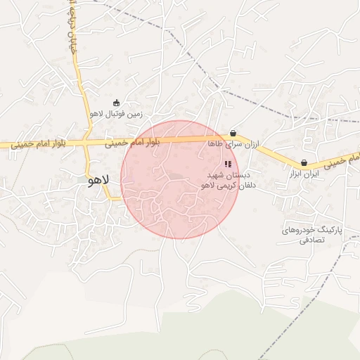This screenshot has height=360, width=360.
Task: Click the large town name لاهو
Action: coord(98,181)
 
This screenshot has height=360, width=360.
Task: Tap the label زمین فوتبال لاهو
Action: coord(116,112)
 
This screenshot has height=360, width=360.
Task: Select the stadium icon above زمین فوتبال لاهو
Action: coord(116,103)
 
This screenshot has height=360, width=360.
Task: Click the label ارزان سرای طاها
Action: coord(233,143)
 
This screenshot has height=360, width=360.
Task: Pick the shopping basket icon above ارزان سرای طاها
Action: coord(233,133)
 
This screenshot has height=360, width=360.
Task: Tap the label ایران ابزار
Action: coord(304,173)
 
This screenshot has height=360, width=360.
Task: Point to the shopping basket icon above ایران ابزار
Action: coord(304,162)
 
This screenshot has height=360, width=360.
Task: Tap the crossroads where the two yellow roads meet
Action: coord(84,143)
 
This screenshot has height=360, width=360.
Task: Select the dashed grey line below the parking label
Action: coord(309,295)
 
